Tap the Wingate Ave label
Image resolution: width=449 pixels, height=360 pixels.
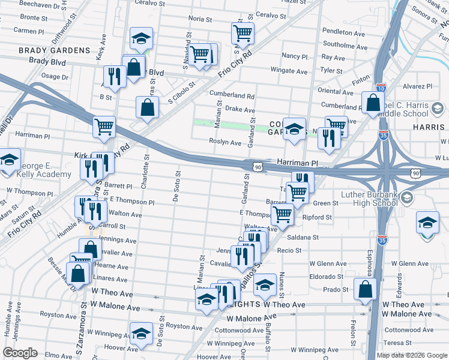point(289,71)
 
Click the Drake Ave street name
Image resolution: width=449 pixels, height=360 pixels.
point(240,110)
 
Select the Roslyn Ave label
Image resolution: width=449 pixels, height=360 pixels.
point(225,143)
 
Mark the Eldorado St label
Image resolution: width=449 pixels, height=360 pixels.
point(325,277)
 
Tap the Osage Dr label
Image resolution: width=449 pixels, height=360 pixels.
point(55,76)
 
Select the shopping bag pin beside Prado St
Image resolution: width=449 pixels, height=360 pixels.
point(364,289)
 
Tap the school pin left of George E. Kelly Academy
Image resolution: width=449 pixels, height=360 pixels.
point(8,161)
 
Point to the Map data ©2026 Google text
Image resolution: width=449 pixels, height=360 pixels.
point(411,355)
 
